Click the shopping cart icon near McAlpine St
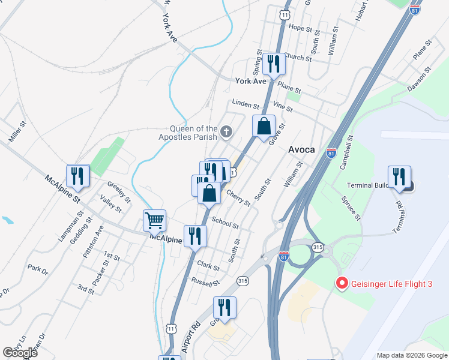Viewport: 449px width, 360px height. click(x=154, y=220)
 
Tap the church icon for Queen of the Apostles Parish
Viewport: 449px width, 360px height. click(x=226, y=131)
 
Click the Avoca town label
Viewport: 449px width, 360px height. click(x=302, y=149)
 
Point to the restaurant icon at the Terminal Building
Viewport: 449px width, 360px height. click(x=399, y=177)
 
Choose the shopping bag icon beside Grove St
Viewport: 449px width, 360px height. click(x=264, y=127)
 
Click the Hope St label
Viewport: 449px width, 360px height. click(x=301, y=28)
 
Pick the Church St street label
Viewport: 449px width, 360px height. click(x=298, y=58)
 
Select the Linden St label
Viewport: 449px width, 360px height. click(x=246, y=104)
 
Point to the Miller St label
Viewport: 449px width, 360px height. click(x=18, y=133)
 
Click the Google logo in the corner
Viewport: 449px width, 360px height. click(x=20, y=353)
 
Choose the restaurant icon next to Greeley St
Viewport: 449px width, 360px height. click(x=78, y=176)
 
